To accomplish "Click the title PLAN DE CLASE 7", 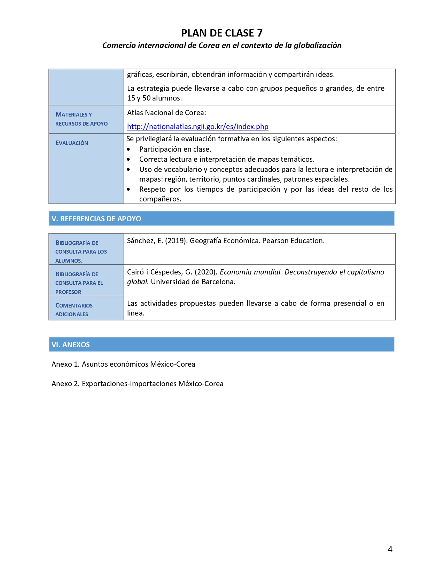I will (222, 33).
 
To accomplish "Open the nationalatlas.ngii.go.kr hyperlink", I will (197, 127).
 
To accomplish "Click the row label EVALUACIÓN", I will (72, 143).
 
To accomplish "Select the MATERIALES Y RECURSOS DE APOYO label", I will (81, 119).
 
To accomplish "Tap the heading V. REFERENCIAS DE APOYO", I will (96, 219).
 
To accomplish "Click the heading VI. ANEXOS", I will (71, 345).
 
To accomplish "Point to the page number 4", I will (390, 549).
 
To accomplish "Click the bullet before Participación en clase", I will (128, 150).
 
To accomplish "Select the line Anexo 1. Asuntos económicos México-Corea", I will (123, 364).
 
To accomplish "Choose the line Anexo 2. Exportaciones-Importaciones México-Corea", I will (138, 384).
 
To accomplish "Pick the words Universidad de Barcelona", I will (193, 282).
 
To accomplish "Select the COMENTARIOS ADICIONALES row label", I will (74, 310).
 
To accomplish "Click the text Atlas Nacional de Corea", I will (166, 113).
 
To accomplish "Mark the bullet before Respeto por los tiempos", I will (128, 190).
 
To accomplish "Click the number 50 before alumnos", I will (147, 98).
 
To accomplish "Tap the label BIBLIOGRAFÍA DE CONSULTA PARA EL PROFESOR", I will (79, 283).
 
